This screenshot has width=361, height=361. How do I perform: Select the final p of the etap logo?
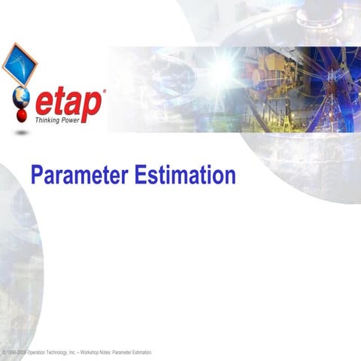tap(92, 105)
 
